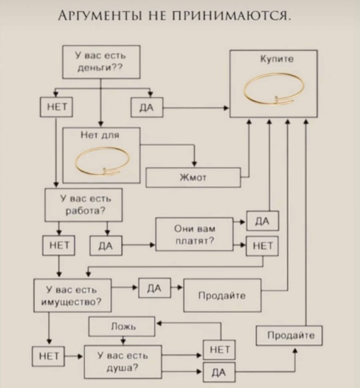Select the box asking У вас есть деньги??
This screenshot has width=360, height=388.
(x=102, y=62)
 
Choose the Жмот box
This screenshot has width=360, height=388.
(x=193, y=178)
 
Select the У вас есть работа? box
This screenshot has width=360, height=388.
(x=83, y=206)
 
